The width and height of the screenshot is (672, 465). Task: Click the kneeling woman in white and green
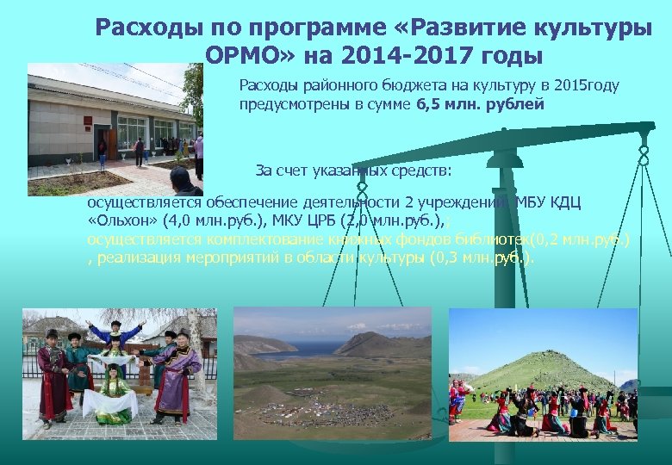click(x=113, y=393)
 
